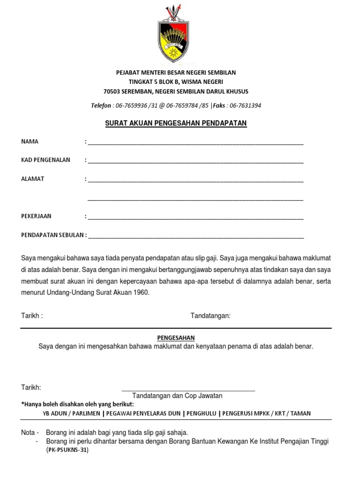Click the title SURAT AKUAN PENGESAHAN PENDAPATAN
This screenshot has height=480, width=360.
(175, 123)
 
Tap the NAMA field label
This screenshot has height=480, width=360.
(30, 142)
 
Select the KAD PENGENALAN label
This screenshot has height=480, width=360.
(45, 160)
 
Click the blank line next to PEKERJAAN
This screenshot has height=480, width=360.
(195, 218)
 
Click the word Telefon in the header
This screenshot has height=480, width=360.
(101, 105)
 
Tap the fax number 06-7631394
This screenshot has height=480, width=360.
(246, 105)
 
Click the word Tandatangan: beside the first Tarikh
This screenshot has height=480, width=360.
(210, 316)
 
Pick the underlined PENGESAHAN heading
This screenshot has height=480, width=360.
(176, 338)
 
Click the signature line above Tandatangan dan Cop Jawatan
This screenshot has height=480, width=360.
(188, 390)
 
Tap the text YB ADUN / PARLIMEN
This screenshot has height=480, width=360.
(72, 413)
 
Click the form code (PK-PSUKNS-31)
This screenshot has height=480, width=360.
(67, 450)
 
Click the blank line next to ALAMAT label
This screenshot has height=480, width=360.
(195, 180)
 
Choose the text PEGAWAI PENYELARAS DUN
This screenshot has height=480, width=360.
(143, 413)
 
